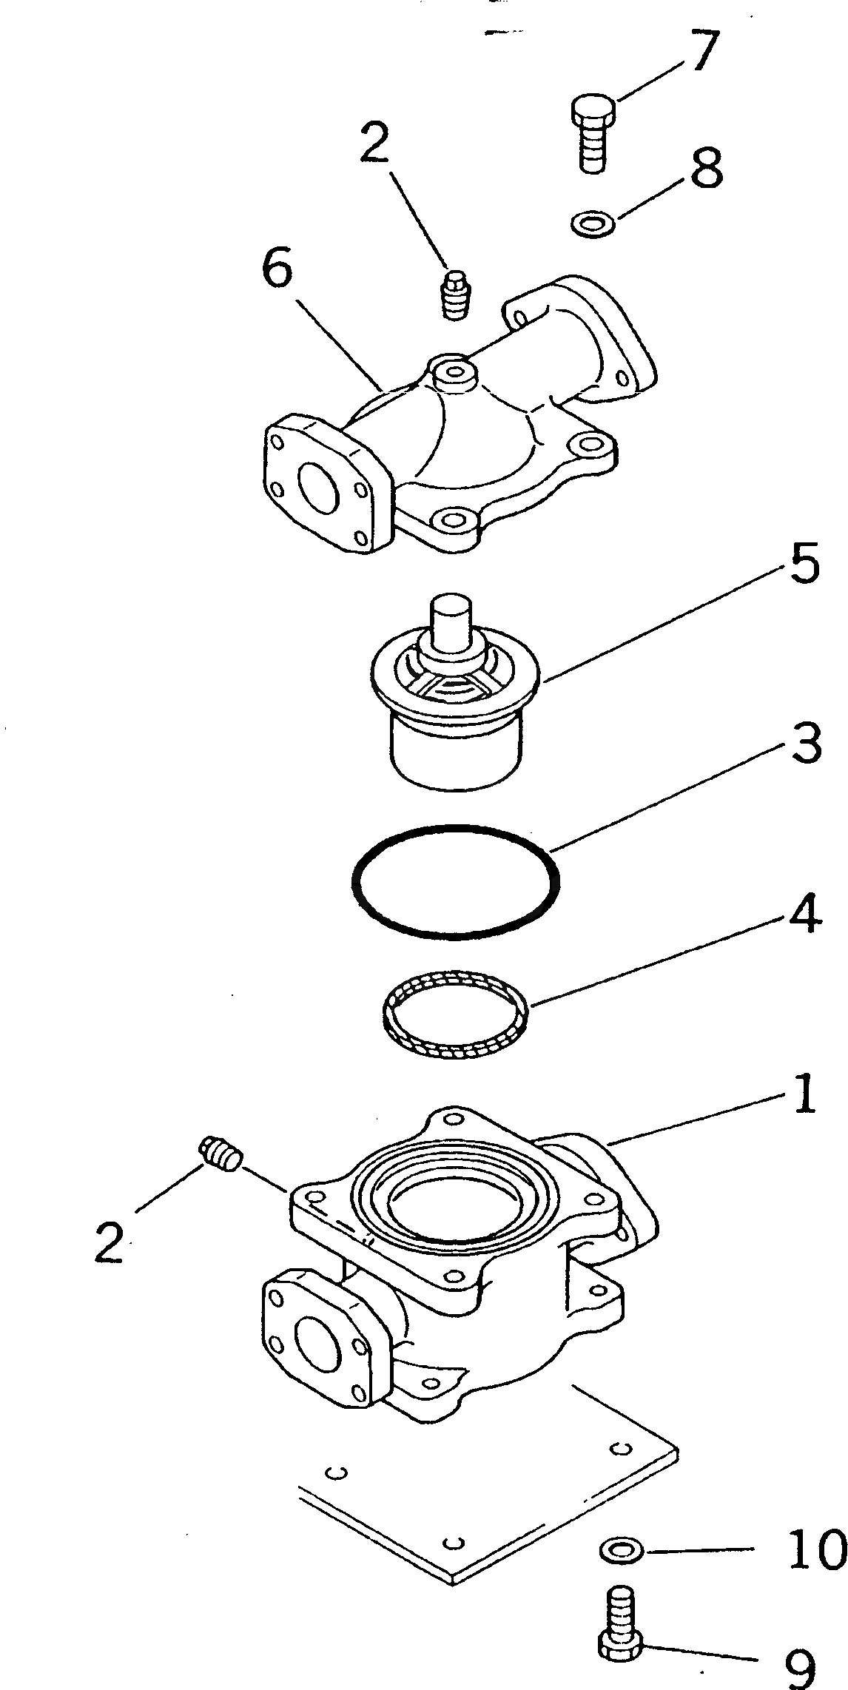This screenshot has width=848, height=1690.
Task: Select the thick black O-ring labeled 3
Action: (454, 882)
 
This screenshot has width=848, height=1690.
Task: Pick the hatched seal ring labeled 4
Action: (455, 1013)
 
